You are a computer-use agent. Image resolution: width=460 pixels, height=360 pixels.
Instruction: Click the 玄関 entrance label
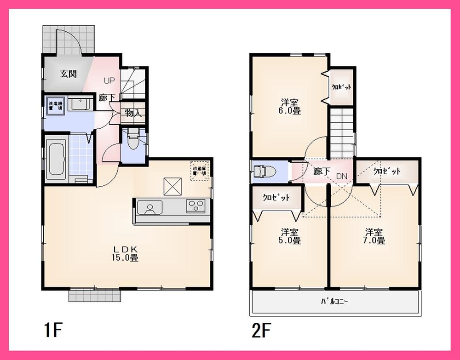(68, 74)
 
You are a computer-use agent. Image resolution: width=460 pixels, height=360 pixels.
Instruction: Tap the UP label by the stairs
(109, 81)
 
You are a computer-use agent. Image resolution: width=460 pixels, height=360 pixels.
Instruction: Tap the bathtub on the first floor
(57, 158)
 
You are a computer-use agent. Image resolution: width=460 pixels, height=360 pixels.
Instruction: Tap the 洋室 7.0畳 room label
(375, 236)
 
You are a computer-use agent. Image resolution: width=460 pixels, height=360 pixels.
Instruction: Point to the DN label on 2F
(342, 175)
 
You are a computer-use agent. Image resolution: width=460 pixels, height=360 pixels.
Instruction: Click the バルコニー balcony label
(334, 302)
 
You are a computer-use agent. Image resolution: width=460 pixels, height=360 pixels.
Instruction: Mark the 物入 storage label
(132, 113)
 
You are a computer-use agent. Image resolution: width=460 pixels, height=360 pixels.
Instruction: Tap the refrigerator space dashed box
(200, 171)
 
